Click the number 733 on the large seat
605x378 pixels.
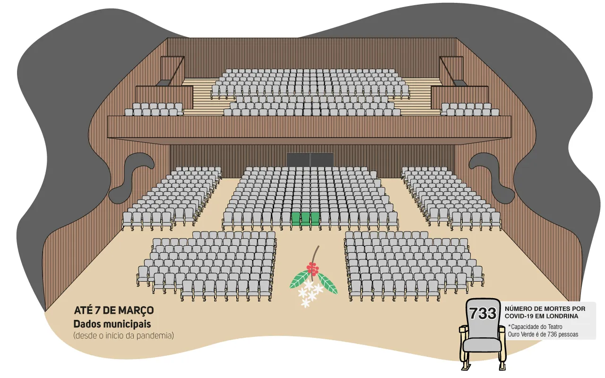483,313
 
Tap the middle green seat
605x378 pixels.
305,219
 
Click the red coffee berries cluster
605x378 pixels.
313,268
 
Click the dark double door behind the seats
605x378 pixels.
310,160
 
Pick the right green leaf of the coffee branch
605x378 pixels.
328,283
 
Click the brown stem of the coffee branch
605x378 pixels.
315,254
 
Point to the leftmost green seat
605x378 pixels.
296,219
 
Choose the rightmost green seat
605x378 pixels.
315,219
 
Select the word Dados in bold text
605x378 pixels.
86,324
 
